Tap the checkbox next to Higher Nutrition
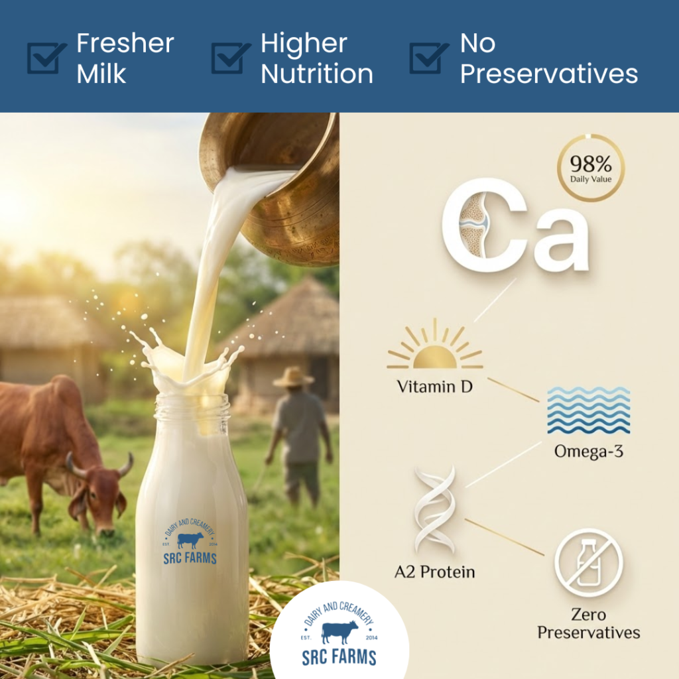pyautogui.click(x=229, y=58)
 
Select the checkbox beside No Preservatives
pyautogui.click(x=428, y=58)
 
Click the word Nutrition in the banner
pyautogui.click(x=317, y=74)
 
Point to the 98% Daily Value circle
pyautogui.click(x=590, y=168)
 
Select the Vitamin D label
pyautogui.click(x=435, y=387)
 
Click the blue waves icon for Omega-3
pyautogui.click(x=589, y=410)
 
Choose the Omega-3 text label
pyautogui.click(x=588, y=452)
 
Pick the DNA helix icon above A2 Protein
pyautogui.click(x=435, y=509)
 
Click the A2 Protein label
pyautogui.click(x=435, y=572)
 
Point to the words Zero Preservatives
pyautogui.click(x=588, y=623)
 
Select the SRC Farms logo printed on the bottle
pyautogui.click(x=190, y=545)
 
